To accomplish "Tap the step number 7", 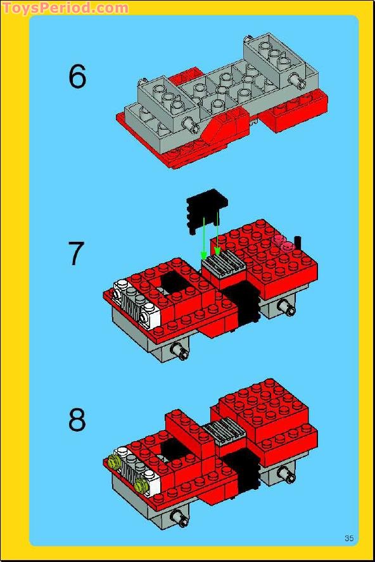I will (x=76, y=254).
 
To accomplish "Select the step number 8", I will (x=77, y=420).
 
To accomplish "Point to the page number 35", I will (x=349, y=538).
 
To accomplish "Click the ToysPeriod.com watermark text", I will (x=65, y=8).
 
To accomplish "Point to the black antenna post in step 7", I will (x=297, y=243).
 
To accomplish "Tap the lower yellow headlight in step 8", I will (x=143, y=485).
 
